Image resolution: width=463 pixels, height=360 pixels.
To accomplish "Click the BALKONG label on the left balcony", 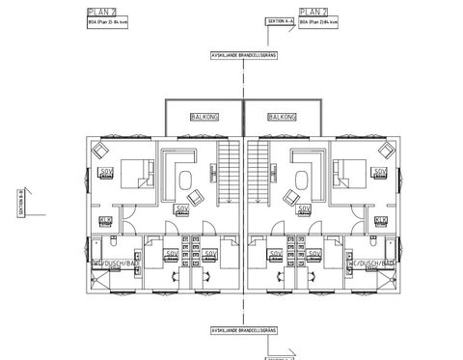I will pos(204,116).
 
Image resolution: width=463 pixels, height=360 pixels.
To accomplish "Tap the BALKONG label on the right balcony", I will pos(281,116).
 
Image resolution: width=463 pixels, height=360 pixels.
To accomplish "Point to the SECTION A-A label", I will pos(279,20).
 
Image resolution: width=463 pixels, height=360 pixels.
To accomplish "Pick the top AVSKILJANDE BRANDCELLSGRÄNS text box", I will pos(242,56).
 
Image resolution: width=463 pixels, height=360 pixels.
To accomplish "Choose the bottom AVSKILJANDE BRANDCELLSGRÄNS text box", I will pos(242,329).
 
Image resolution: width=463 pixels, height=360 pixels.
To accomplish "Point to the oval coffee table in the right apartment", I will pos(300,178).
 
